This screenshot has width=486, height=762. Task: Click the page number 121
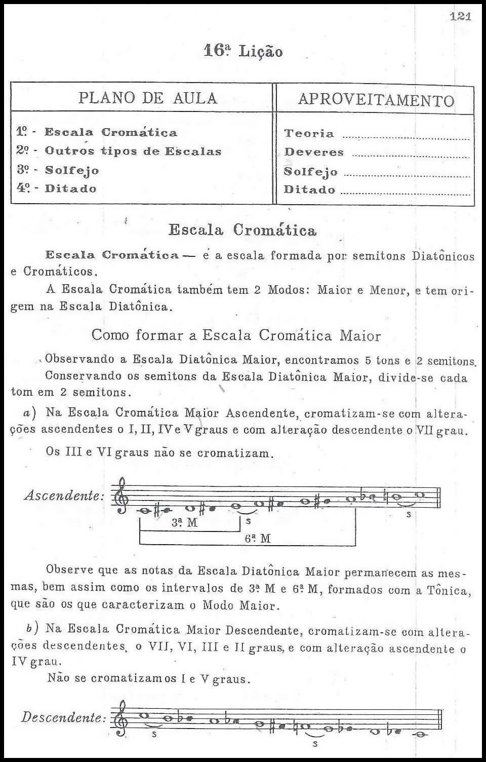[460, 17]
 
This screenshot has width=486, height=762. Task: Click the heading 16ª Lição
[243, 51]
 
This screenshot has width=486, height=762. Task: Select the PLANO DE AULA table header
[147, 98]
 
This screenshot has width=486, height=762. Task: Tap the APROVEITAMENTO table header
[376, 99]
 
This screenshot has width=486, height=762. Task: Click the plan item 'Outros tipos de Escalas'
[133, 151]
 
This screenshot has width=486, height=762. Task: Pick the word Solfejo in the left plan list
[72, 170]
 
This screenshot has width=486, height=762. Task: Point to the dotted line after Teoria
[406, 137]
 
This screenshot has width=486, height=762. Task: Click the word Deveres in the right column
[314, 152]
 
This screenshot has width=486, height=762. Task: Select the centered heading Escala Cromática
[242, 231]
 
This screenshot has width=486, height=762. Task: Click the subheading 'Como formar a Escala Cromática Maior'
[236, 335]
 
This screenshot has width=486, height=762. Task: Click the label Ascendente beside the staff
[64, 496]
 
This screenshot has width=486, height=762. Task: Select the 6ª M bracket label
[258, 539]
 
